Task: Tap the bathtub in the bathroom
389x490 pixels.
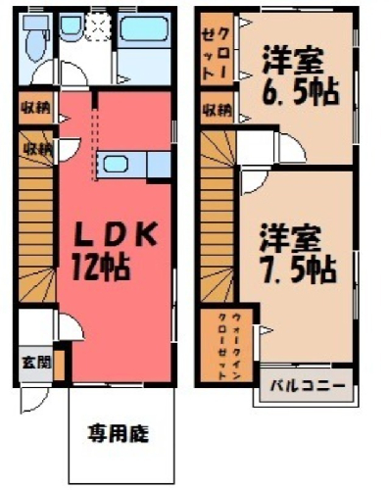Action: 144,28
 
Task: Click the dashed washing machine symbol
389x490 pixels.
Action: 99,26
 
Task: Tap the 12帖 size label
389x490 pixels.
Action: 101,268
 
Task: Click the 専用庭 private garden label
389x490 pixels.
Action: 119,434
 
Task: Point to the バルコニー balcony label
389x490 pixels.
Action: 308,385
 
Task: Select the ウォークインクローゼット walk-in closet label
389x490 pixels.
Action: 229,346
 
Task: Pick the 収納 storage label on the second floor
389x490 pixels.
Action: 218,111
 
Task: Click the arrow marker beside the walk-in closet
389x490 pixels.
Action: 266,330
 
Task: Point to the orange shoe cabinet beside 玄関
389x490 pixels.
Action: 59,366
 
